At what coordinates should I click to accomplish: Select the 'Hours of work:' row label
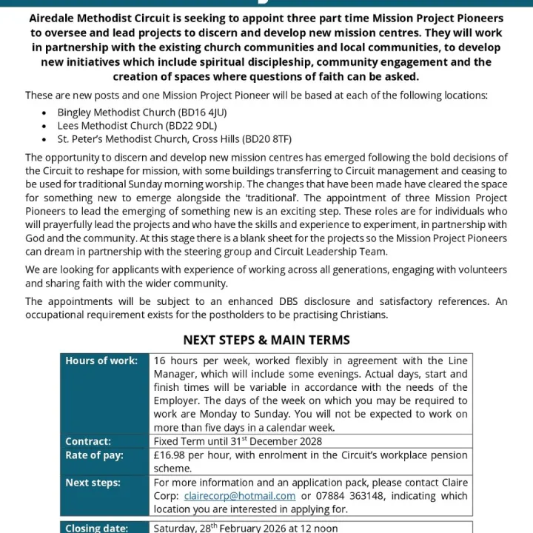click(x=101, y=361)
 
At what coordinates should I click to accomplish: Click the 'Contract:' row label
click(x=88, y=441)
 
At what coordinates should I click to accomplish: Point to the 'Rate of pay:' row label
click(x=94, y=455)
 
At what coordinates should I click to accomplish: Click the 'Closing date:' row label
click(x=96, y=528)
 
